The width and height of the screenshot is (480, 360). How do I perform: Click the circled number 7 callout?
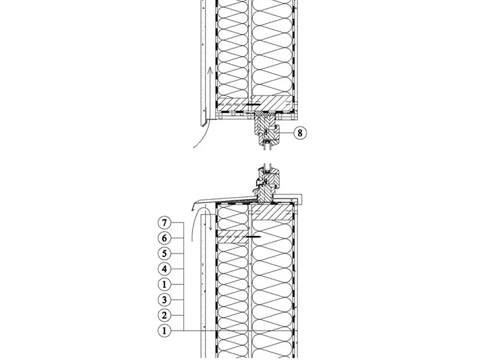[164, 222]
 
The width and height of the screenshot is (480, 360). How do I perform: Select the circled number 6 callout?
[164, 238]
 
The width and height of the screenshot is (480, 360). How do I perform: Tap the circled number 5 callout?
[164, 254]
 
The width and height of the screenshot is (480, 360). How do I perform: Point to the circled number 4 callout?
[164, 269]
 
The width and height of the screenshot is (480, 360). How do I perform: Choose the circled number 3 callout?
[164, 300]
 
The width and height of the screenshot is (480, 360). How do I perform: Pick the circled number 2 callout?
[164, 315]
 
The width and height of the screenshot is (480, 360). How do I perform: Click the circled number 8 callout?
[300, 133]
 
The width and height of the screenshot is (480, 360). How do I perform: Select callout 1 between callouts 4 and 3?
[164, 284]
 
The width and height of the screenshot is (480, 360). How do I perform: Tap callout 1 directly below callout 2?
[164, 331]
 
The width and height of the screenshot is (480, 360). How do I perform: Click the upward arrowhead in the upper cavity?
[210, 70]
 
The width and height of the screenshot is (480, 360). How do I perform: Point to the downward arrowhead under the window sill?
[211, 228]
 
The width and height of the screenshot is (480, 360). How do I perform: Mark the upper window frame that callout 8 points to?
[267, 128]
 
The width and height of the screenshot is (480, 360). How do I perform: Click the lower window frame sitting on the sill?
[267, 186]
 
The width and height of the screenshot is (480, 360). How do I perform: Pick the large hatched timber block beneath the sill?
[271, 213]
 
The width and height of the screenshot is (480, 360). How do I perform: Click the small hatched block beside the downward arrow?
[232, 237]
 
